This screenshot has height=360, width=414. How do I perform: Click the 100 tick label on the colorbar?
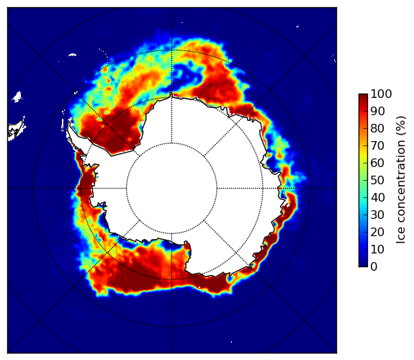point(382,94)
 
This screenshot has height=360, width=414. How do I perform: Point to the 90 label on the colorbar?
point(377,111)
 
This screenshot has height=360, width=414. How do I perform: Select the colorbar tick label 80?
point(377,128)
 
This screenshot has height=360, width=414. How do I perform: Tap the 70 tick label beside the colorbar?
point(377,145)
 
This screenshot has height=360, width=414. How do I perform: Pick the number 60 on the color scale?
point(377,163)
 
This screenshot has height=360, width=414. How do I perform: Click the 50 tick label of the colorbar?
point(377,181)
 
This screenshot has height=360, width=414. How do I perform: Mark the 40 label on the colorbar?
point(377,197)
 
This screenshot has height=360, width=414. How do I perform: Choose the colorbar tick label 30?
point(377,215)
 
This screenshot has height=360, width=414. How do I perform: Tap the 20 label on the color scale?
point(377,232)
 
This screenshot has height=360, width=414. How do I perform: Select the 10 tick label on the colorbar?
point(377,250)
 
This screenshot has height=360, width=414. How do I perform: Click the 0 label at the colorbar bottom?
point(374,267)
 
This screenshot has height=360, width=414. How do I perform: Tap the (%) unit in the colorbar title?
point(401,126)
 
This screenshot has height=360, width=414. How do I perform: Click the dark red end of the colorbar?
point(363,96)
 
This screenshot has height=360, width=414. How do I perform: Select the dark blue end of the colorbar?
point(363,265)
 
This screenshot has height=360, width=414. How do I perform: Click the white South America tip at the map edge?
point(16,131)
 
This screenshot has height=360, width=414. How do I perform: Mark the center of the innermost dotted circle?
point(171,189)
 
